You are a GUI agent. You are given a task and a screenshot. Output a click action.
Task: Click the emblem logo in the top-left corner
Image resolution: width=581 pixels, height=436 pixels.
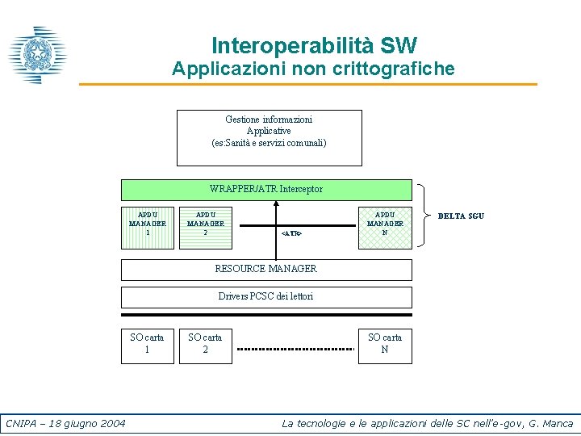click(37, 56)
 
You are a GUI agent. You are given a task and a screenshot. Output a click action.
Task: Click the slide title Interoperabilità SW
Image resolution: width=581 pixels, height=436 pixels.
click(314, 45)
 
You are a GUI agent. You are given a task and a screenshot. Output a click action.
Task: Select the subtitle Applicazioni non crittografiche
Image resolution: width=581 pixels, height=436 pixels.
click(313, 69)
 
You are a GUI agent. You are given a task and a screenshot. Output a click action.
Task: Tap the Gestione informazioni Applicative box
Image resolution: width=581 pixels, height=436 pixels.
click(269, 137)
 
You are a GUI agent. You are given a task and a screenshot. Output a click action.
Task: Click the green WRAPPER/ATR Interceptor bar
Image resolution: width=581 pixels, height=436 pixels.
click(265, 189)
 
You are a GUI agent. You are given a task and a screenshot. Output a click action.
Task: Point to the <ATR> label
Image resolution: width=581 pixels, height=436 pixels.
click(291, 233)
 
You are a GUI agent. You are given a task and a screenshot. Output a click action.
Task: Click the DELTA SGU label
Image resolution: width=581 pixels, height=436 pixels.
click(461, 216)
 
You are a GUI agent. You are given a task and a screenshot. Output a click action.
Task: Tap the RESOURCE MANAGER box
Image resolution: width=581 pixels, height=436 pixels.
click(265, 269)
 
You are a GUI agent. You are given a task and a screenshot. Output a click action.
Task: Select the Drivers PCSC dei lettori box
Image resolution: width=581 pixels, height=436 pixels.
click(265, 296)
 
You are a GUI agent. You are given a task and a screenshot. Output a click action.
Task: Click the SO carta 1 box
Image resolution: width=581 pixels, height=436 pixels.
click(147, 344)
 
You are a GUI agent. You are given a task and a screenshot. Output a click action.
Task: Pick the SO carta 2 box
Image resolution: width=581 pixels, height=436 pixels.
click(205, 344)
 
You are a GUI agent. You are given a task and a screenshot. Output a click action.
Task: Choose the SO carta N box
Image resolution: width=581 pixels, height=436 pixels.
click(385, 344)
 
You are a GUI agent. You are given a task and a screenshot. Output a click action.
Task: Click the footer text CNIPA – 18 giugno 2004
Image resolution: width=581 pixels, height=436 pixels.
click(65, 423)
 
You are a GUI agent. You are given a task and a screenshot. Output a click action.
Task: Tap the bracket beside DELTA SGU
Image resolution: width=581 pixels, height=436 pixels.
click(424, 214)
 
